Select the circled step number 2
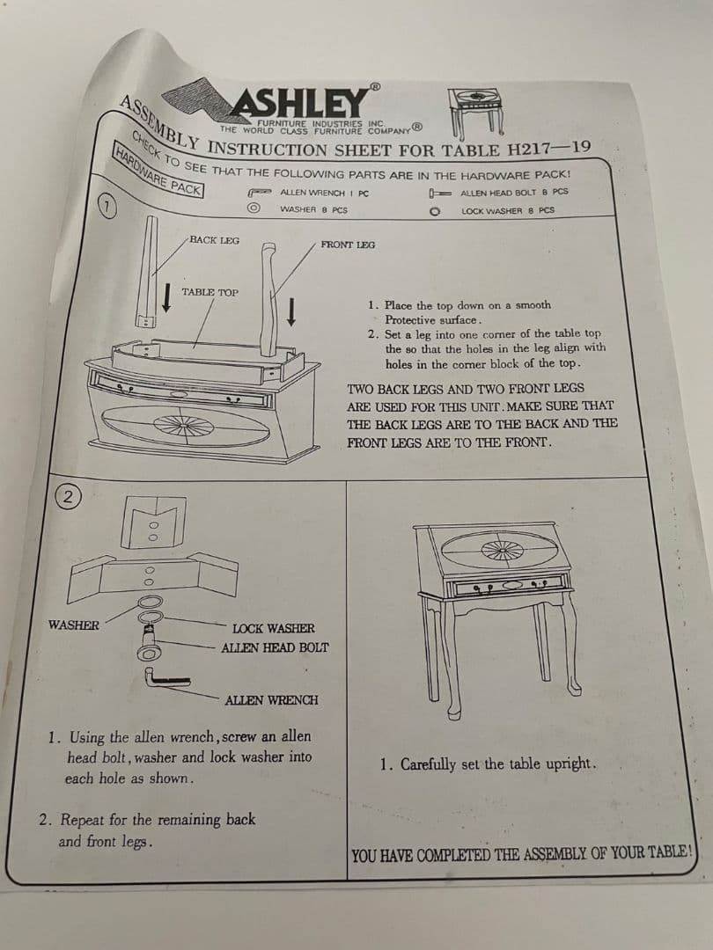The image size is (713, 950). [68, 497]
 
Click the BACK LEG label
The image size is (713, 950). [214, 240]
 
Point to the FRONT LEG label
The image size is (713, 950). [348, 245]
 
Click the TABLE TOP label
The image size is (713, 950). [209, 292]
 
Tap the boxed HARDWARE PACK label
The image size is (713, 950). [158, 171]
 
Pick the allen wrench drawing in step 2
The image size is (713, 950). [165, 678]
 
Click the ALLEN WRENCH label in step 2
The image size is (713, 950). [271, 700]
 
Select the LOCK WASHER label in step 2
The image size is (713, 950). [274, 629]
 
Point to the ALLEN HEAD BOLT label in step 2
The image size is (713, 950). [275, 647]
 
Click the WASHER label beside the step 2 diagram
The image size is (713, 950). [73, 625]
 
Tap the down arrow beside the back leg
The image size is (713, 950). [166, 298]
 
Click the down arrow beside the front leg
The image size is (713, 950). [291, 311]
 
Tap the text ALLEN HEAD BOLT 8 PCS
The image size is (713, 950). [514, 193]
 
